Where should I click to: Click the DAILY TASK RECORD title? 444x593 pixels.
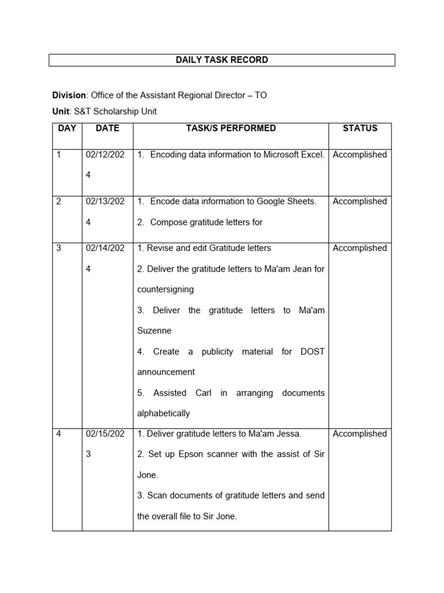pyautogui.click(x=221, y=60)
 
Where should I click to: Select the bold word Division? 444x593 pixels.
pyautogui.click(x=69, y=95)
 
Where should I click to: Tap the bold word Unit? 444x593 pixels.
pyautogui.click(x=61, y=111)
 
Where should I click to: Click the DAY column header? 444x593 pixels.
pyautogui.click(x=67, y=129)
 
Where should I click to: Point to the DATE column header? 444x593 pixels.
pyautogui.click(x=107, y=129)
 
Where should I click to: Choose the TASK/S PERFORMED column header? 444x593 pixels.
pyautogui.click(x=231, y=129)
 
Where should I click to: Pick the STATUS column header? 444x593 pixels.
pyautogui.click(x=360, y=129)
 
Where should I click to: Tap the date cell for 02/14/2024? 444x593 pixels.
pyautogui.click(x=105, y=258)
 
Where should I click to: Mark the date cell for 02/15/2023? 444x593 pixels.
pyautogui.click(x=105, y=444)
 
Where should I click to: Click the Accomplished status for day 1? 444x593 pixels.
pyautogui.click(x=360, y=155)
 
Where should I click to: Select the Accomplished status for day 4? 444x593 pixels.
pyautogui.click(x=360, y=434)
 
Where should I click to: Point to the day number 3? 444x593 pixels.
pyautogui.click(x=59, y=248)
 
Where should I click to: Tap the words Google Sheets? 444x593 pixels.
pyautogui.click(x=287, y=202)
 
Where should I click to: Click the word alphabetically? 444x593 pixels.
pyautogui.click(x=164, y=413)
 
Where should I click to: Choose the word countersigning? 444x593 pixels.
pyautogui.click(x=165, y=289)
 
